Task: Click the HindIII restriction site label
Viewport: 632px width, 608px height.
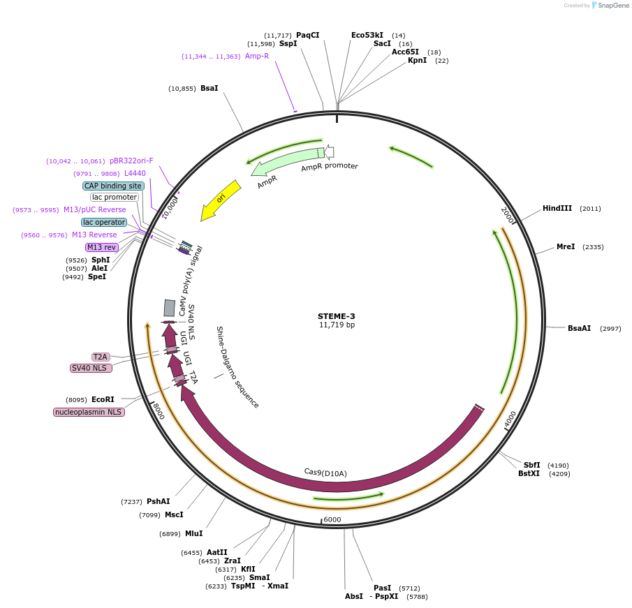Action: pyautogui.click(x=557, y=208)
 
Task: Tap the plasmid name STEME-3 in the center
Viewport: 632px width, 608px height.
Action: pyautogui.click(x=336, y=316)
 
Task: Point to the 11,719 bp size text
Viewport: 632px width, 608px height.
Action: pyautogui.click(x=336, y=325)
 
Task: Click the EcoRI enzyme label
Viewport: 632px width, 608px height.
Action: pyautogui.click(x=102, y=400)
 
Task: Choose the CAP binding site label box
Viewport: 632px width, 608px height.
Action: pyautogui.click(x=114, y=186)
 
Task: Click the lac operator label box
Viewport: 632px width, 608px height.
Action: pyautogui.click(x=104, y=222)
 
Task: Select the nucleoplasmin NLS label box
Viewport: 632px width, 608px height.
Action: pyautogui.click(x=89, y=413)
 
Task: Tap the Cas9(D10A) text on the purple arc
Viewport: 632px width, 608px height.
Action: pyautogui.click(x=325, y=473)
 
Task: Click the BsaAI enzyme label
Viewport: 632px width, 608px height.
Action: pyautogui.click(x=579, y=328)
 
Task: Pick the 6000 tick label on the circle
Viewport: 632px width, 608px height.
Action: pyautogui.click(x=332, y=519)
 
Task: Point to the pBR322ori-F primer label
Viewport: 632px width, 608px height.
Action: pyautogui.click(x=131, y=161)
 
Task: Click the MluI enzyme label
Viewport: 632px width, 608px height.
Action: pyautogui.click(x=193, y=534)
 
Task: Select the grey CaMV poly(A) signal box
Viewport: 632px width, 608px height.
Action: pyautogui.click(x=170, y=308)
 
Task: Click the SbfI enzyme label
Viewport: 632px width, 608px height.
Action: pyautogui.click(x=531, y=465)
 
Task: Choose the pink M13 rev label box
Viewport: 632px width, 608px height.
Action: pyautogui.click(x=102, y=247)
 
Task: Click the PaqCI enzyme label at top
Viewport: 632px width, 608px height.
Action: pyautogui.click(x=307, y=35)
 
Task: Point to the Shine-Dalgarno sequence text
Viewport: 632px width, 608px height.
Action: pyautogui.click(x=237, y=367)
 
